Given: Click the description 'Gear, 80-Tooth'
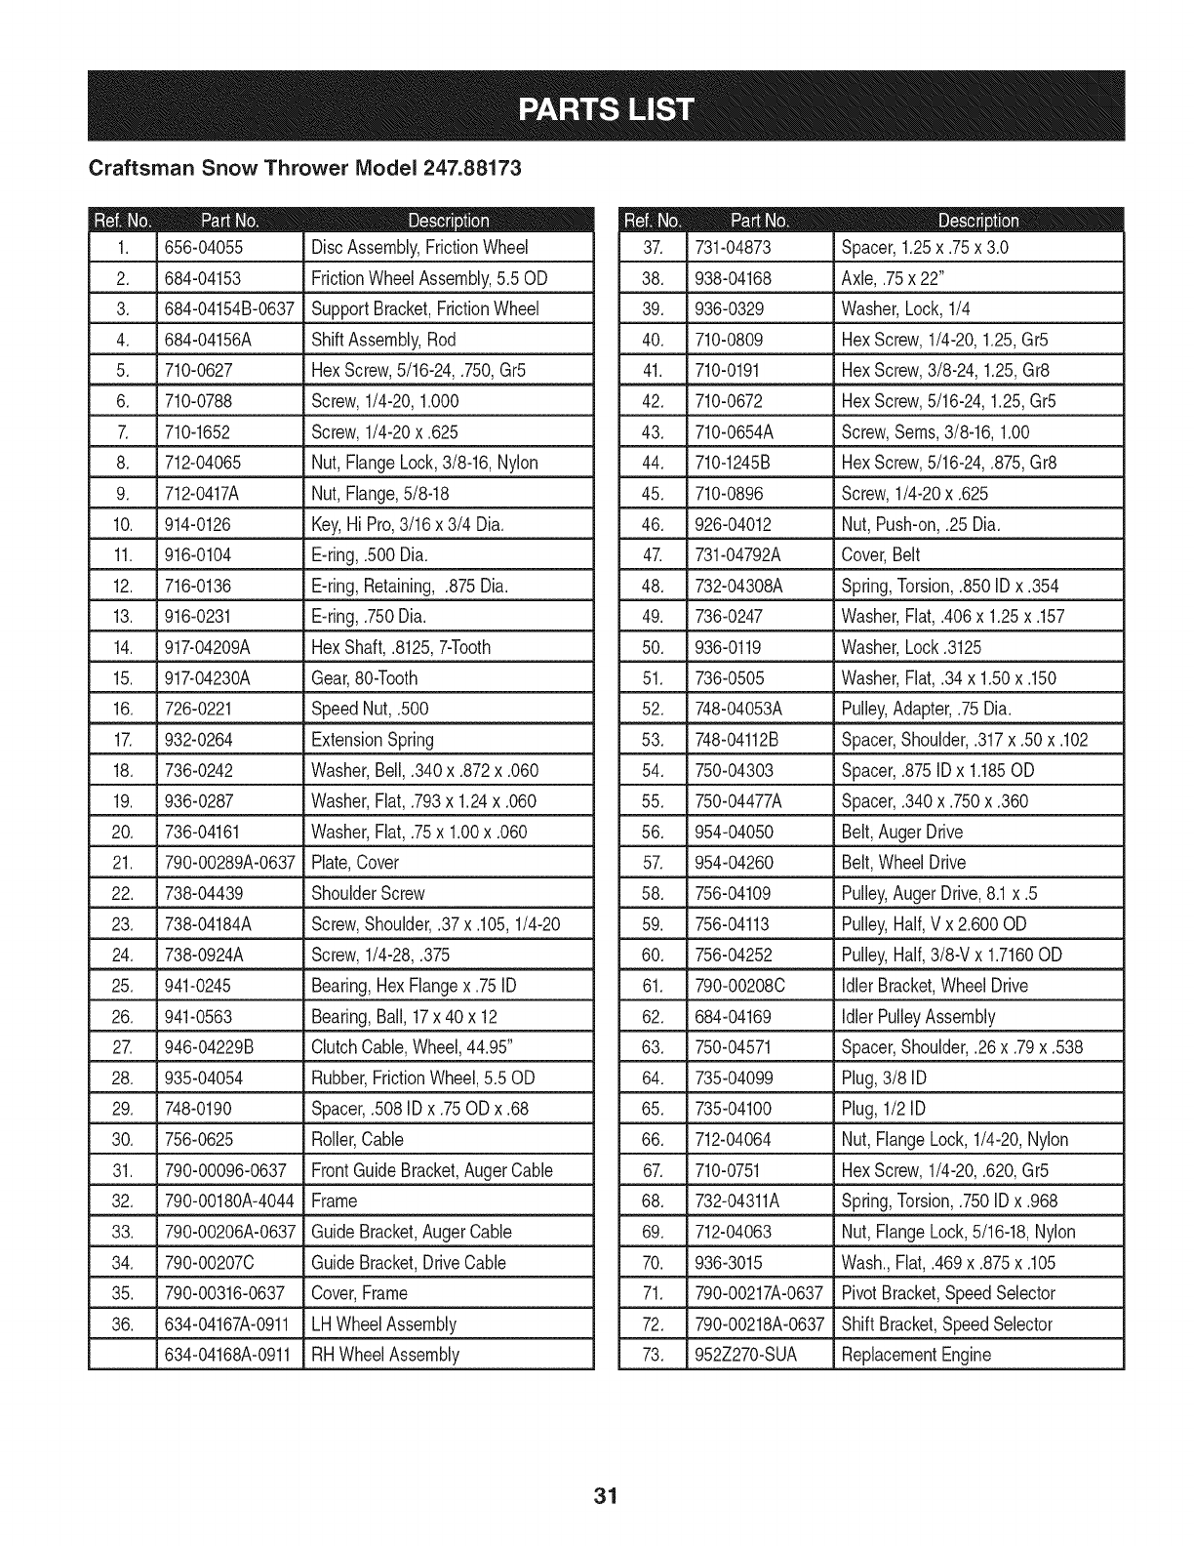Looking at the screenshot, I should pos(364,678).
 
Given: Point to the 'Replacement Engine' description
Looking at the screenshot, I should pos(916,1355).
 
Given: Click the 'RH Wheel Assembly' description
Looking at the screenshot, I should pos(384,1355).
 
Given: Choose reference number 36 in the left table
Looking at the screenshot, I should pos(122,1324).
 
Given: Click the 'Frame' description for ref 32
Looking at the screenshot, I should pos(334,1201).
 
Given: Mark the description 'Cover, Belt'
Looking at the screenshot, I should pos(881,555).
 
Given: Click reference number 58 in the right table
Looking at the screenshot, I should pos(653,893).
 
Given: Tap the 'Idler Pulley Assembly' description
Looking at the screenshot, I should pos(918,1017).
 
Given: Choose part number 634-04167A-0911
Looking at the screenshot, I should pos(228,1324).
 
